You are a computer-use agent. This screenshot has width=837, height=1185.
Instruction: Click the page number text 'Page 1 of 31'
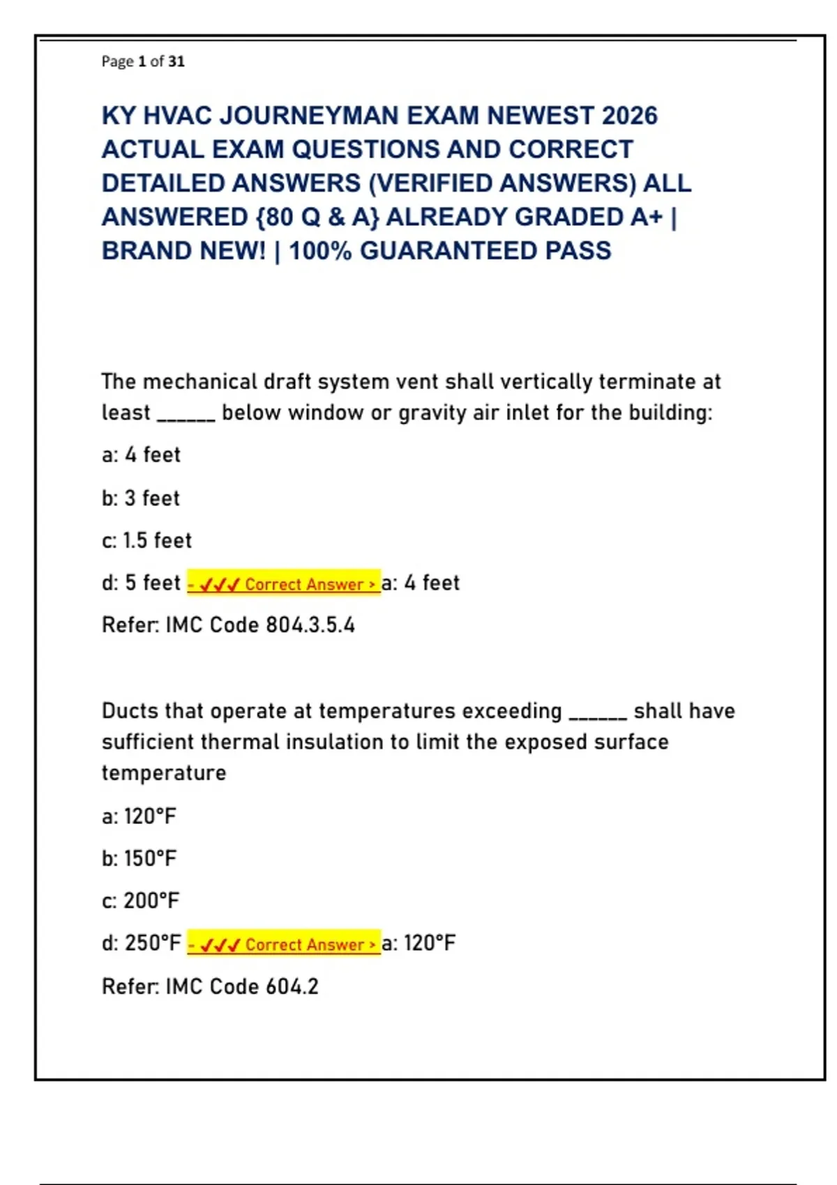pos(143,61)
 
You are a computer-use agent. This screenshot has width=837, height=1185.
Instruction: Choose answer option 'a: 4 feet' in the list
pos(141,455)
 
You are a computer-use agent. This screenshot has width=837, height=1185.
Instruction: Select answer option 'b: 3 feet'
pos(141,498)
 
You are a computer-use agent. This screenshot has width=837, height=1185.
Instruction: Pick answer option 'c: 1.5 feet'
pos(146,541)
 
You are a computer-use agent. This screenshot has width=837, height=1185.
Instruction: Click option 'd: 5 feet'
pos(141,583)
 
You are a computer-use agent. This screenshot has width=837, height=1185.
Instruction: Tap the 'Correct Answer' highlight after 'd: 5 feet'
pos(284,583)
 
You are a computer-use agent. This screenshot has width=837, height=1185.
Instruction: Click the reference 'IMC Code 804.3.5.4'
pos(259,625)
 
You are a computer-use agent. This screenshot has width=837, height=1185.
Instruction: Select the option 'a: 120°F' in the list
pos(139,816)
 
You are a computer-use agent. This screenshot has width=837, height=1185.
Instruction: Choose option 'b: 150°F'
pos(139,859)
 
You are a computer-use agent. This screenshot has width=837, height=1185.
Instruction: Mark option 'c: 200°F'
pos(140,901)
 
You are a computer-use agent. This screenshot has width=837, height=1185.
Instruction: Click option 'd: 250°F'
pos(141,943)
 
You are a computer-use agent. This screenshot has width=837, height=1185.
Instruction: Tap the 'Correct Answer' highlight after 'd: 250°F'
pos(284,944)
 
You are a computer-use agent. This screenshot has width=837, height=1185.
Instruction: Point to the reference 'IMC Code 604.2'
pos(241,987)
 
